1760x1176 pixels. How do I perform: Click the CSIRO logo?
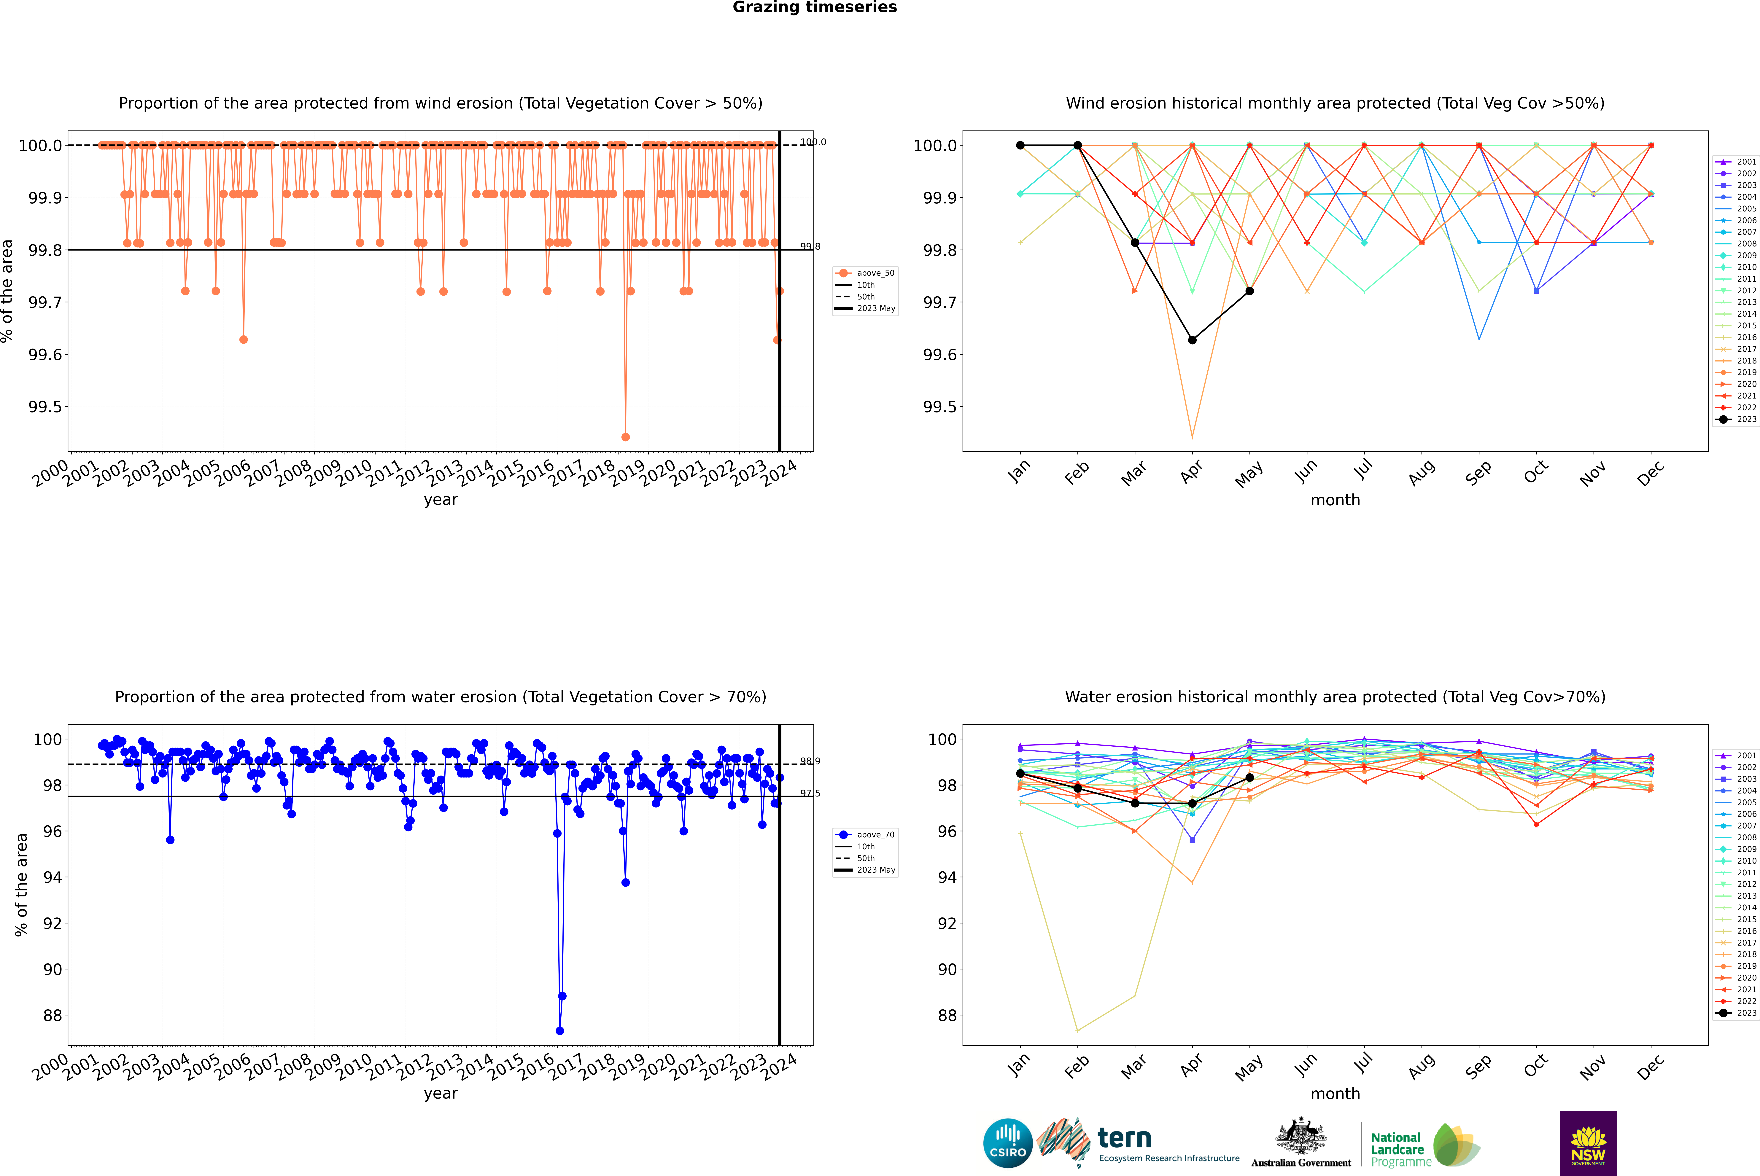pos(1008,1143)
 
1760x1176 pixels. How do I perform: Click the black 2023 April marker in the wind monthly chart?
pos(1192,340)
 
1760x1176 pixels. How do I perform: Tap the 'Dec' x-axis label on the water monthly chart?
pos(1650,1067)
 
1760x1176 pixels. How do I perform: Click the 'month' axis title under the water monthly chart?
pos(1335,1094)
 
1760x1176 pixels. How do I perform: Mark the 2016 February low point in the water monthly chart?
pos(1077,1030)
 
